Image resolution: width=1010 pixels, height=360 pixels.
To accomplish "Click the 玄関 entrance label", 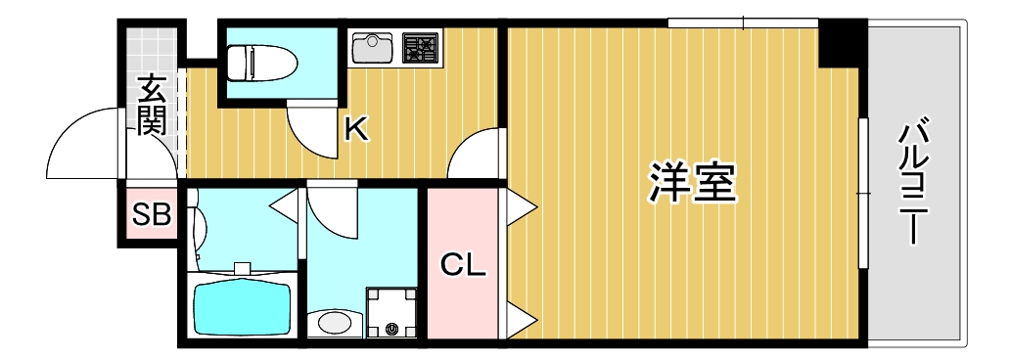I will pos(152,105).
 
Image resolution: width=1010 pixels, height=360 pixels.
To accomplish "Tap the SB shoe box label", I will pos(152,214).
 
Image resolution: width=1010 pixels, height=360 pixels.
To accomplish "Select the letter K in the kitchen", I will pos(357,128).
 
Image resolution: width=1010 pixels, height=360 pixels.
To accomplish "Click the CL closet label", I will pos(462,264).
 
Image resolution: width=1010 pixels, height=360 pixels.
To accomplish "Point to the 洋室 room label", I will pos(693,183).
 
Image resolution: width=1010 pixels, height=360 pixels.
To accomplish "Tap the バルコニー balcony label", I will pos(914,182).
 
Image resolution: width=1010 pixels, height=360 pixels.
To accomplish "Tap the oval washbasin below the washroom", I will pos(334,322).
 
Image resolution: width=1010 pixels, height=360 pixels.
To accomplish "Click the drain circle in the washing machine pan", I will pos(393,330).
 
